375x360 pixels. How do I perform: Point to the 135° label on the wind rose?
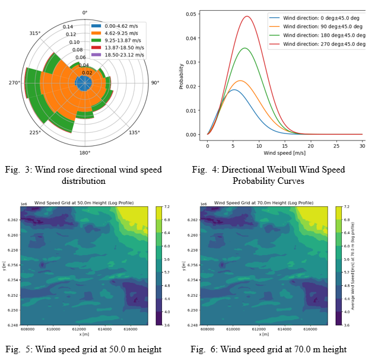(135, 133)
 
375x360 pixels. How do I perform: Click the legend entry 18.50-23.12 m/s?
(124, 55)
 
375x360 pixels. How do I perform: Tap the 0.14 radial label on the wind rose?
(68, 27)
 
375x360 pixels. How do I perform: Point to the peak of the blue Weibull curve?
(234, 90)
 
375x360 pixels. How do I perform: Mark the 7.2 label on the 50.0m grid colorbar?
(168, 207)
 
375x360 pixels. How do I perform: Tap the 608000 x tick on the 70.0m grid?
(209, 331)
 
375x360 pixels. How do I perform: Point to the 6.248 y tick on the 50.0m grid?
(12, 325)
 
